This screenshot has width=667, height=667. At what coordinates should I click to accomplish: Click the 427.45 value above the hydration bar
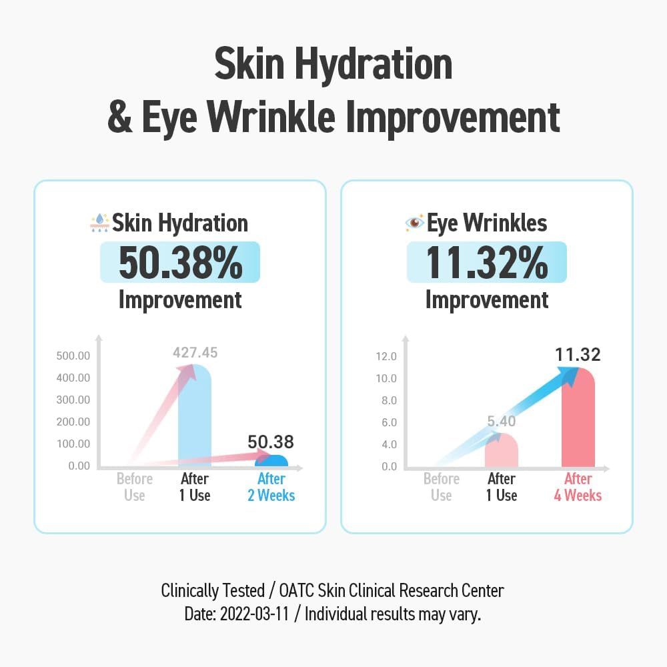point(195,353)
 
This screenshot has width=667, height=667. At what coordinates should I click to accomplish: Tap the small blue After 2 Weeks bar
point(271,461)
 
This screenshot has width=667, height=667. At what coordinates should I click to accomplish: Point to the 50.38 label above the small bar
point(271,442)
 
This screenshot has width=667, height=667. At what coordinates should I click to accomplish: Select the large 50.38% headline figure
point(180,263)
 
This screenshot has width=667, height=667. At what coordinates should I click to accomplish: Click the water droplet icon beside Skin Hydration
point(99,223)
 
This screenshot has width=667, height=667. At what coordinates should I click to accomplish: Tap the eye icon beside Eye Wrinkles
point(414,223)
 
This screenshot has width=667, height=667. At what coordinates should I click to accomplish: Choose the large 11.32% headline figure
point(487,263)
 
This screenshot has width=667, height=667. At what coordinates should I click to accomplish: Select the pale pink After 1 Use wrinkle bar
point(501,451)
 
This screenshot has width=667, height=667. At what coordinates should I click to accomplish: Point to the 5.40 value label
point(501,421)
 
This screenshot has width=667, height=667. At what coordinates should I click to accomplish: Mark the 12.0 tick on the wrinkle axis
point(386,356)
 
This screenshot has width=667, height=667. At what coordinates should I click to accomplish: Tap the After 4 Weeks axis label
point(578,488)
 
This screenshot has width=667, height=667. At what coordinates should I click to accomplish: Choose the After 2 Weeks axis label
point(271,488)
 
